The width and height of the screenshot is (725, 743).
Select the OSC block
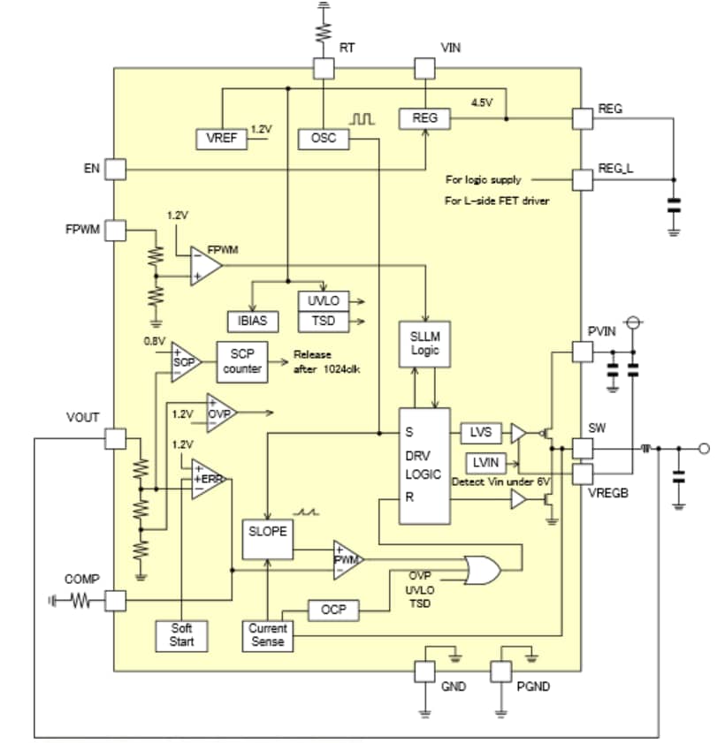324,139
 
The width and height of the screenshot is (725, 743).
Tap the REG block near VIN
424,118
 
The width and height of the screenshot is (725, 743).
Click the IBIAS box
253,321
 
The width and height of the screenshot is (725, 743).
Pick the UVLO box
323,301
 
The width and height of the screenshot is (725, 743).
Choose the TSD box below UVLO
323,321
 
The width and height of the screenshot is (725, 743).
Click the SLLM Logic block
424,344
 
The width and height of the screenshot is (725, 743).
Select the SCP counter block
241,361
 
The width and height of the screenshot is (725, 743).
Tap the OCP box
332,610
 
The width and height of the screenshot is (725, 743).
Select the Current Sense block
267,634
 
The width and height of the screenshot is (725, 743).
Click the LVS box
481,432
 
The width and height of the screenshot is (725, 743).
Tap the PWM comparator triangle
346,559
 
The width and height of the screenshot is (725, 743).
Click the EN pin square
115,168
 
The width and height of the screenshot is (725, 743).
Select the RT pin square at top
324,69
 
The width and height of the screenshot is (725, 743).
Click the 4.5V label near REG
482,102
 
